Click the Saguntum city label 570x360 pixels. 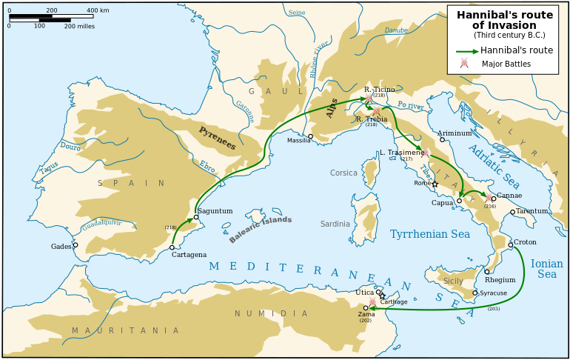(x=215, y=211)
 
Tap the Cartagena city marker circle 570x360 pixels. (x=172, y=247)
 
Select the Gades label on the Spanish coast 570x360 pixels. (x=61, y=247)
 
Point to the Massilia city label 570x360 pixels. (x=299, y=140)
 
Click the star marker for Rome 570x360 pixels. (x=435, y=184)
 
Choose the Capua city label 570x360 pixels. (x=443, y=203)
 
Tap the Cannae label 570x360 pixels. (x=509, y=196)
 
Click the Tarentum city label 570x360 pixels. (x=532, y=211)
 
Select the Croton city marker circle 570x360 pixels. (x=510, y=245)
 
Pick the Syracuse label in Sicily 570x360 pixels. (x=493, y=293)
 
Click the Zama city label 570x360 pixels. (x=366, y=315)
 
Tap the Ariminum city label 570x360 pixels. (x=455, y=133)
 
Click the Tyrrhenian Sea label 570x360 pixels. (x=429, y=234)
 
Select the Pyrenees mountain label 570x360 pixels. (x=217, y=138)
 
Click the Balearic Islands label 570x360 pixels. (x=260, y=230)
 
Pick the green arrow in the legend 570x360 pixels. (x=466, y=51)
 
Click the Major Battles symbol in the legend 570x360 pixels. (x=464, y=64)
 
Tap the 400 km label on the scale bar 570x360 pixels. (x=98, y=11)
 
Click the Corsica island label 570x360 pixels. (x=343, y=173)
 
